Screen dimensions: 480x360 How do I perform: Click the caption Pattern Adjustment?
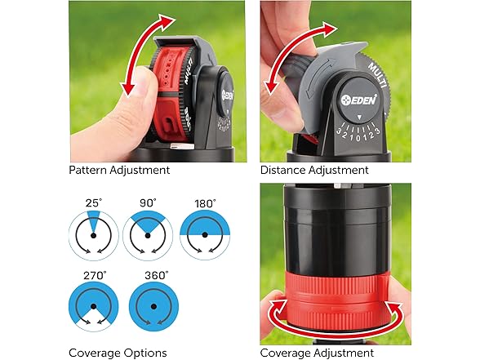click(119, 170)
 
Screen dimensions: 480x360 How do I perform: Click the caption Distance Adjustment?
click(314, 170)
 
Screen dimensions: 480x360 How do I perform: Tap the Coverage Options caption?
click(118, 353)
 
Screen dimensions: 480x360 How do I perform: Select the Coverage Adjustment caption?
click(317, 353)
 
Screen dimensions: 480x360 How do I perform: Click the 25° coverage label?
click(94, 203)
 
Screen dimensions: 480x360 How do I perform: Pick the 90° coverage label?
click(148, 203)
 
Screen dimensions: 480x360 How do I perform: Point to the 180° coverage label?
click(205, 203)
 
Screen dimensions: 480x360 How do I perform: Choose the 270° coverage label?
click(95, 276)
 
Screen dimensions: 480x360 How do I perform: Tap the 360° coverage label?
click(157, 276)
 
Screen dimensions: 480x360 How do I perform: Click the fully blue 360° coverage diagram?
click(153, 307)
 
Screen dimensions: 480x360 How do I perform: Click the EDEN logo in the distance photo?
click(359, 100)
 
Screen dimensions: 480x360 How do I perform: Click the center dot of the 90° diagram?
click(148, 235)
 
